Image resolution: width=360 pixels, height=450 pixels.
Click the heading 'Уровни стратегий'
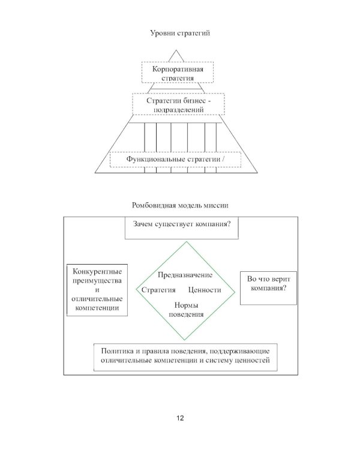point(179,32)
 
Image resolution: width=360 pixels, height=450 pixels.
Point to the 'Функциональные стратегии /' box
point(175,160)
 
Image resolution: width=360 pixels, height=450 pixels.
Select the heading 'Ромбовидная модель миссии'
point(179,206)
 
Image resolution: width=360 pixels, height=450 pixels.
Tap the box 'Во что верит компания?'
point(268,286)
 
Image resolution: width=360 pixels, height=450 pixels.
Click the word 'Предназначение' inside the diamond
point(185,275)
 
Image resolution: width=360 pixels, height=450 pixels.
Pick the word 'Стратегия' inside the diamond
point(158,290)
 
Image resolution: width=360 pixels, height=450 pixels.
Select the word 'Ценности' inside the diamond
point(205,290)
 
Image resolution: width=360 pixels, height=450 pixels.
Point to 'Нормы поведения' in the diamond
point(187,310)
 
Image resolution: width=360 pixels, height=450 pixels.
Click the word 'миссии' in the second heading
point(217,206)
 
